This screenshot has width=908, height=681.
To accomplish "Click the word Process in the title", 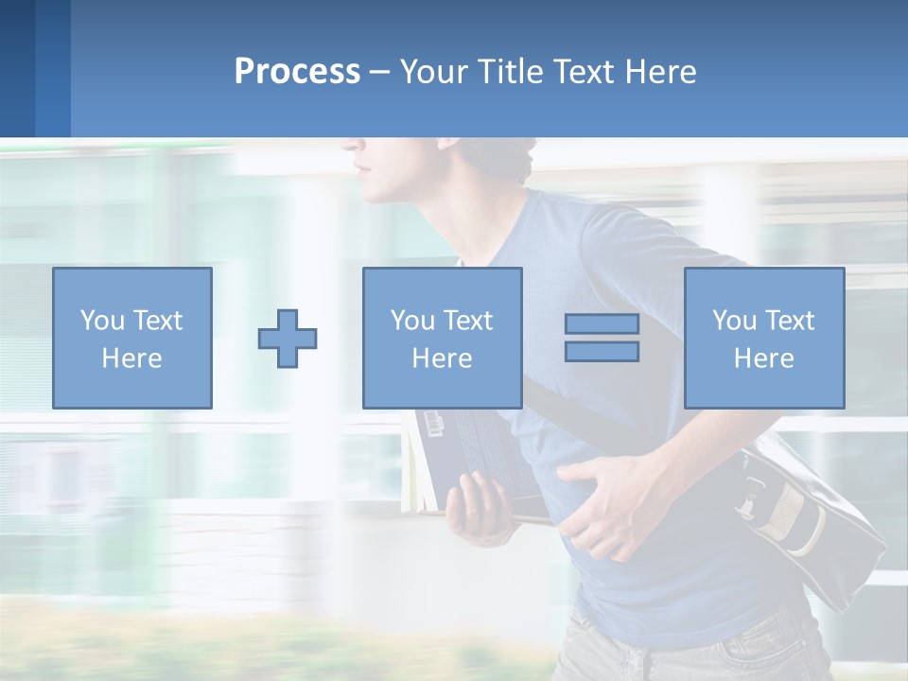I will pyautogui.click(x=297, y=72).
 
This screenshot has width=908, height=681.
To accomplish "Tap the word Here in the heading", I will pyautogui.click(x=659, y=72).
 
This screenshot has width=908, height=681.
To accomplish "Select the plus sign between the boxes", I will pyautogui.click(x=288, y=339).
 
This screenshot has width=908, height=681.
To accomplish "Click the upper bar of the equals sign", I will pyautogui.click(x=602, y=323).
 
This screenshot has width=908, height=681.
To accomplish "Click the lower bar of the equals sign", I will pyautogui.click(x=602, y=352).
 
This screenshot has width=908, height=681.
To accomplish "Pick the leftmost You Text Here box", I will pyautogui.click(x=132, y=338).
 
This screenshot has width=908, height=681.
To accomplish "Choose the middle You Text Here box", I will pyautogui.click(x=442, y=338).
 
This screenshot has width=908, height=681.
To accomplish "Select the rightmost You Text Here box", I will pyautogui.click(x=764, y=338).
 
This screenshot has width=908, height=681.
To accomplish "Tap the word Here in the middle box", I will pyautogui.click(x=442, y=358).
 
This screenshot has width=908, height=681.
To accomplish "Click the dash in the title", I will pyautogui.click(x=380, y=72).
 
